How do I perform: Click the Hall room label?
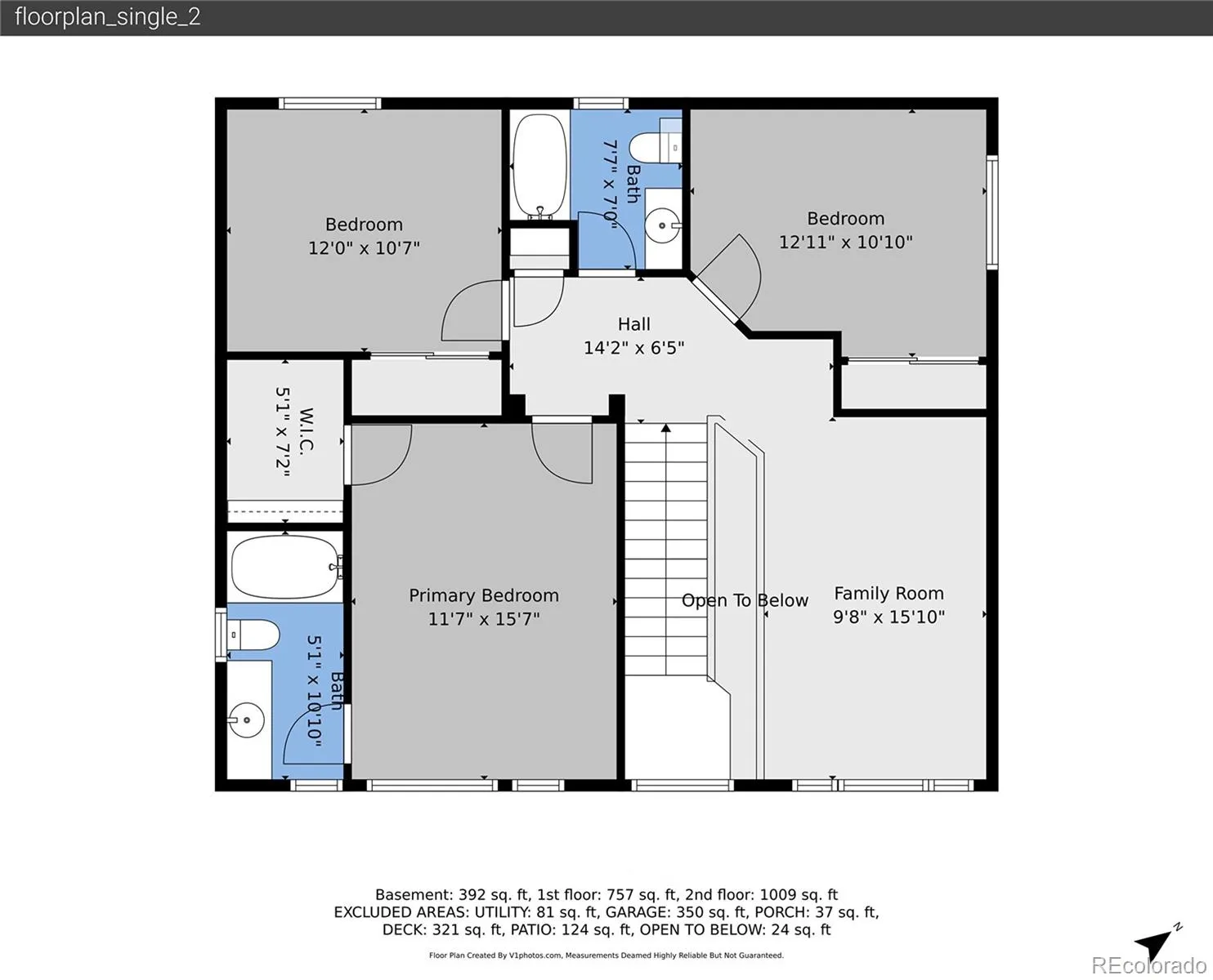[633, 324]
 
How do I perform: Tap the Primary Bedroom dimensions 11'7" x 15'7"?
[484, 619]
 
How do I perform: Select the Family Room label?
[889, 594]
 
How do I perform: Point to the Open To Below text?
[745, 600]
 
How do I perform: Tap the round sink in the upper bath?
[662, 225]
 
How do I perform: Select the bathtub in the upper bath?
[539, 167]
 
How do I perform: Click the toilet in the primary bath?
[253, 635]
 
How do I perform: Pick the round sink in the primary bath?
[247, 720]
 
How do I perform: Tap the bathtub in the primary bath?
[285, 567]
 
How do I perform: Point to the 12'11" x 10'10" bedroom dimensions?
[846, 243]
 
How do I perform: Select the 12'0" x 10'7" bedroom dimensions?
[364, 248]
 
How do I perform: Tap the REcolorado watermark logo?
[1148, 965]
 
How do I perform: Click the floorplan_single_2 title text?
[108, 17]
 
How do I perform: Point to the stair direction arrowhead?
[665, 428]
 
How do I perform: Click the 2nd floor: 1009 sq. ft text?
[762, 895]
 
